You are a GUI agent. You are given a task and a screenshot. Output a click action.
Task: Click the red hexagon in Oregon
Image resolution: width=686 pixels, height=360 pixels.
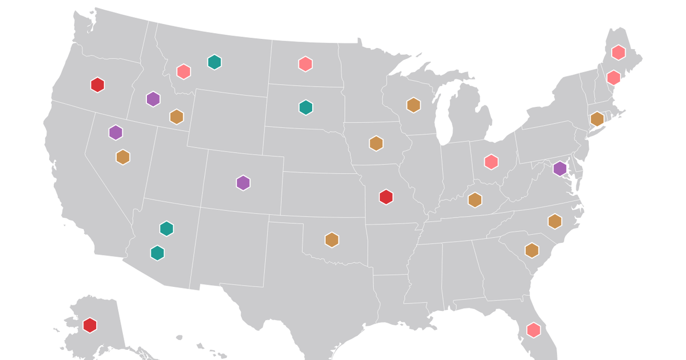click(98, 85)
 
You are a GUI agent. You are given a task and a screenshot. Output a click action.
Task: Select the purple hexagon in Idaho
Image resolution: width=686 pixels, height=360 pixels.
click(153, 99)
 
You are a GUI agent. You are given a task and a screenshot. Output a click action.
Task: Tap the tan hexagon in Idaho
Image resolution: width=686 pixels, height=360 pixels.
click(177, 117)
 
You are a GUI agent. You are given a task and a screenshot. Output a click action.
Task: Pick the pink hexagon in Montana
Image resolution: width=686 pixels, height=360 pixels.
click(184, 71)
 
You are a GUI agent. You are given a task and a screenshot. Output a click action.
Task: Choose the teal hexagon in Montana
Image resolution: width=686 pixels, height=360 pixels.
click(214, 62)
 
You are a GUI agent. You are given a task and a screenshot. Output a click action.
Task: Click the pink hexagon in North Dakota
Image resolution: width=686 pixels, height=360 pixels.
click(305, 63)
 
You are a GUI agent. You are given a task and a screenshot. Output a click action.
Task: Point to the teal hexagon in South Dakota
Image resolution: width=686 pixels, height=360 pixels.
click(306, 107)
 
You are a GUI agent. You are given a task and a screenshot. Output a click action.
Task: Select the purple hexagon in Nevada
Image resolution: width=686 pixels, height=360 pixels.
click(116, 133)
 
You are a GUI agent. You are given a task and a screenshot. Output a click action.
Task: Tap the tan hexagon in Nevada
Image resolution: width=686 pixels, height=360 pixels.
click(123, 157)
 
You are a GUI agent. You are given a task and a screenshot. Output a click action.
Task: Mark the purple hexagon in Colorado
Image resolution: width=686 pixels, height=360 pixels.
click(244, 183)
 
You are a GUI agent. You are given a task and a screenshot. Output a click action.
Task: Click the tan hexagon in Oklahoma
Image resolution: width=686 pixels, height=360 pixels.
click(332, 239)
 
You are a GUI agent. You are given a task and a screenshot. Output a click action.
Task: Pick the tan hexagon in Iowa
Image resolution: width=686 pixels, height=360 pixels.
click(376, 143)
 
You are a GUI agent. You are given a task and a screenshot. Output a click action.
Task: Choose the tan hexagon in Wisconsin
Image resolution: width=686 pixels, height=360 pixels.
click(413, 105)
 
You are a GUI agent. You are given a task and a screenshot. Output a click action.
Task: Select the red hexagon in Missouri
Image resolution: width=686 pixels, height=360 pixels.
click(386, 197)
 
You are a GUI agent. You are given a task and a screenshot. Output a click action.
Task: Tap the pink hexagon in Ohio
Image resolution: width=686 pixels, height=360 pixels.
click(491, 162)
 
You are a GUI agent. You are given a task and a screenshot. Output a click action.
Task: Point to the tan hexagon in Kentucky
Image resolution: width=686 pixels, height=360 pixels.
click(474, 199)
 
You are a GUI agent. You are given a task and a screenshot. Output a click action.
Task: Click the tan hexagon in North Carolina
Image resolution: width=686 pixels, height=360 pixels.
click(555, 221)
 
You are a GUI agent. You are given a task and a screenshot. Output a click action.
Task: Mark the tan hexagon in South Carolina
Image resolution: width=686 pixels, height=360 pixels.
click(532, 250)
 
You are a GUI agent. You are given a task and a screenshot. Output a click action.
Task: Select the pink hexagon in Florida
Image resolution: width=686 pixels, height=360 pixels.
click(533, 329)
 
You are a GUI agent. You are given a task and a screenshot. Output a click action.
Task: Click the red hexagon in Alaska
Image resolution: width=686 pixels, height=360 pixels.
click(90, 325)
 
